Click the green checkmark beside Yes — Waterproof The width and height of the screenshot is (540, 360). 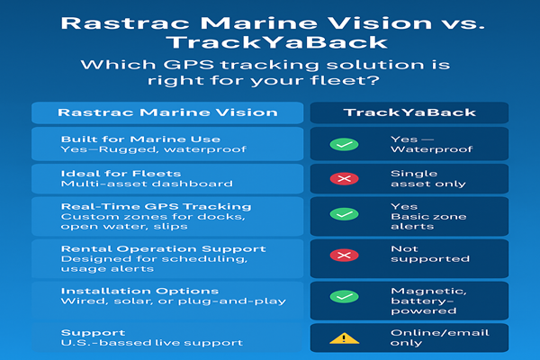[344, 144]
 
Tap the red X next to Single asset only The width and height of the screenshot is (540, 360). [344, 178]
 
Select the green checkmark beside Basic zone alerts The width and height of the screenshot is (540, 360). [344, 214]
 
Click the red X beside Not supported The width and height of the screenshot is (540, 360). [344, 255]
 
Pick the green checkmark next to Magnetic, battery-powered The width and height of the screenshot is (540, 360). [344, 296]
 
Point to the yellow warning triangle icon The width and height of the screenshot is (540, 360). [344, 338]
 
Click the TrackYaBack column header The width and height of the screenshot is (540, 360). [409, 112]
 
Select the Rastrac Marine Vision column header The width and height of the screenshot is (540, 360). [167, 112]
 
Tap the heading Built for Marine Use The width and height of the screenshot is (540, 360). [140, 139]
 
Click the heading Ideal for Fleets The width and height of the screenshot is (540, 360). [121, 174]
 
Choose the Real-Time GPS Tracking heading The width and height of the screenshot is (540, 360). [156, 207]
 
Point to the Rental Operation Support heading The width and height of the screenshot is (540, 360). [163, 248]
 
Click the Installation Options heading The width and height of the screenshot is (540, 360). [139, 291]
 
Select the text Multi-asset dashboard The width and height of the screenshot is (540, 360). [147, 184]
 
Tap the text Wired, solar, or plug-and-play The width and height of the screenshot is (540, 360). [173, 301]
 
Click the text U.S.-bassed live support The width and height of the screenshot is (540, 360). [152, 343]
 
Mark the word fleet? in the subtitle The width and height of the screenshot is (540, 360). [345, 81]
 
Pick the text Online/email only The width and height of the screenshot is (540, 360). [440, 338]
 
